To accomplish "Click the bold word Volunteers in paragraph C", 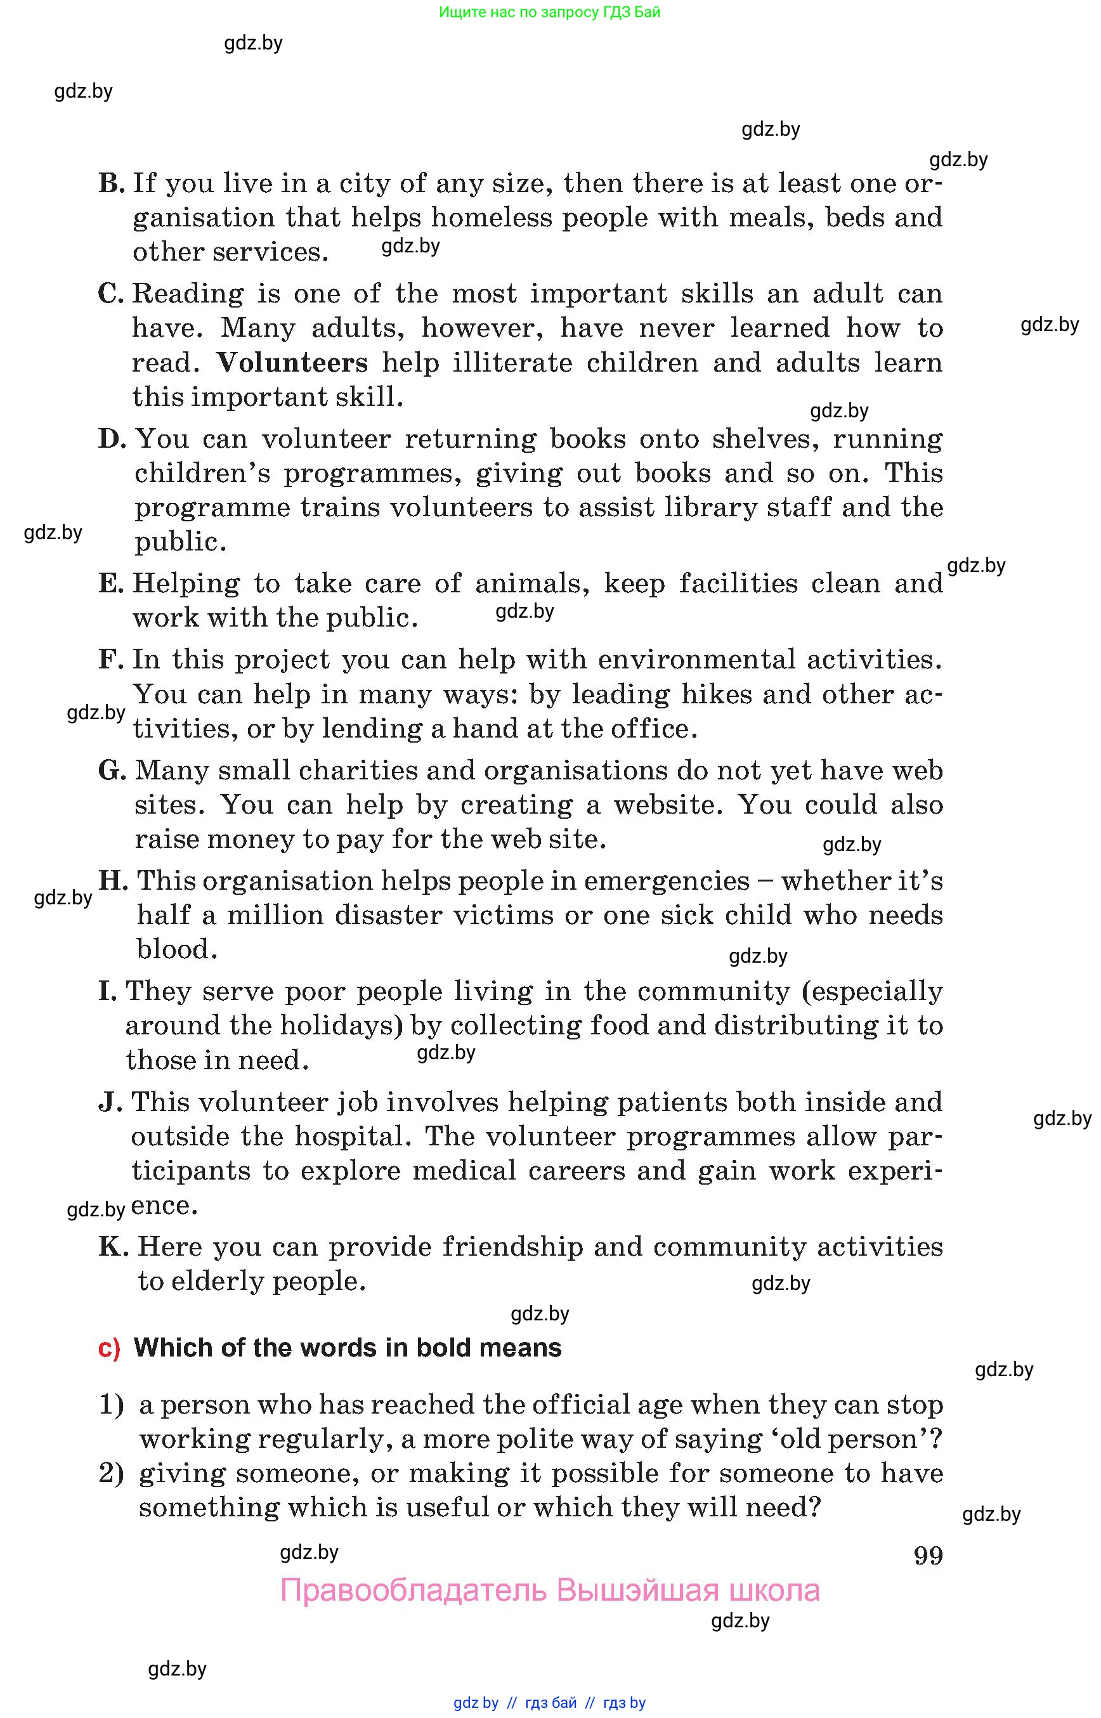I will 292,363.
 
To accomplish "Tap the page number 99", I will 928,1556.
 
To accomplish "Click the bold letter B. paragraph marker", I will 112,184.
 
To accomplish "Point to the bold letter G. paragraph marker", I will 112,771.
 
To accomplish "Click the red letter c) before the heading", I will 109,1348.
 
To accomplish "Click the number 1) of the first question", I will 111,1405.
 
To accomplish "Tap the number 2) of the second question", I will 111,1473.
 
